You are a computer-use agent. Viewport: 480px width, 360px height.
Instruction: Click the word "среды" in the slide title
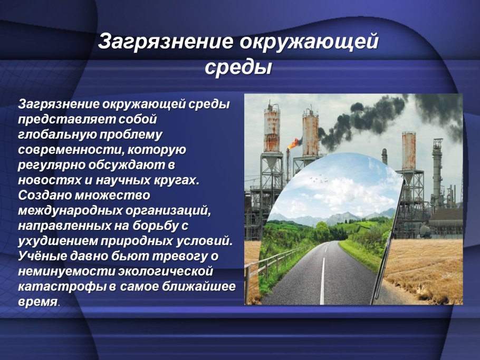(x=238, y=67)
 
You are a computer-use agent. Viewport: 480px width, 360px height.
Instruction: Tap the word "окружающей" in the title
(x=309, y=41)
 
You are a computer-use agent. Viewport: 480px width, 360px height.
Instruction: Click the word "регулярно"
(x=51, y=166)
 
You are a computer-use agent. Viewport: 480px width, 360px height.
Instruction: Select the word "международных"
(x=69, y=211)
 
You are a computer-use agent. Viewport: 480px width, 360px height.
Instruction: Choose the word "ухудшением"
(x=56, y=241)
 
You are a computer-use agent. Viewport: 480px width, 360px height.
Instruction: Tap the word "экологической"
(x=165, y=271)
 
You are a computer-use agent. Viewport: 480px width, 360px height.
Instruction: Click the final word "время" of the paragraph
(x=37, y=301)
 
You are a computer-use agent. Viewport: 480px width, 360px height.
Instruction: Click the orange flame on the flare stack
(x=294, y=142)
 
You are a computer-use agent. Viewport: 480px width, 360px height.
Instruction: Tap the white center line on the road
(x=322, y=278)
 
